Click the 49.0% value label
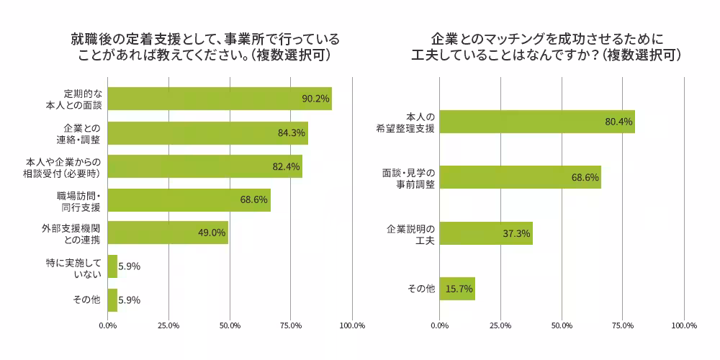tap(212, 233)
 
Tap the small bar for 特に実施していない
tap(112, 266)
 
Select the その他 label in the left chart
tap(86, 300)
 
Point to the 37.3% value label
tap(516, 233)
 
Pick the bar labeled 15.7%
tap(456, 289)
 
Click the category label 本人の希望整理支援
tap(410, 122)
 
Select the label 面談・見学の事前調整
tap(408, 178)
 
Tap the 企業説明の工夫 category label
tap(410, 233)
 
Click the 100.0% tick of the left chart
tap(352, 325)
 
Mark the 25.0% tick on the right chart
tap(500, 325)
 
